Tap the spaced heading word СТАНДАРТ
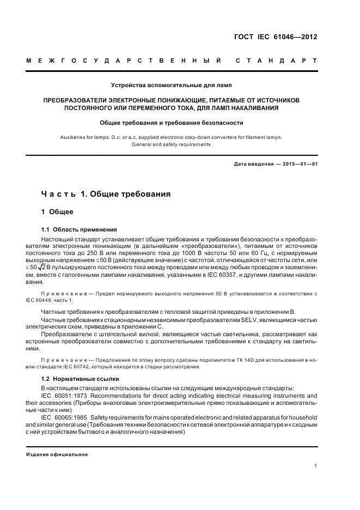pyautogui.click(x=276, y=60)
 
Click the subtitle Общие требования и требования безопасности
pyautogui.click(x=171, y=123)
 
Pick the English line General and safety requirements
pyautogui.click(x=171, y=144)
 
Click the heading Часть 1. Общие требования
pyautogui.click(x=106, y=194)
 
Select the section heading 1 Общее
pyautogui.click(x=57, y=211)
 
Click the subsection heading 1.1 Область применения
pyautogui.click(x=79, y=229)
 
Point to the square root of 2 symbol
pyautogui.click(x=46, y=268)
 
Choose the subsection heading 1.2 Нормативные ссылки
pyautogui.click(x=80, y=379)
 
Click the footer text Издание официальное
pyautogui.click(x=57, y=454)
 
